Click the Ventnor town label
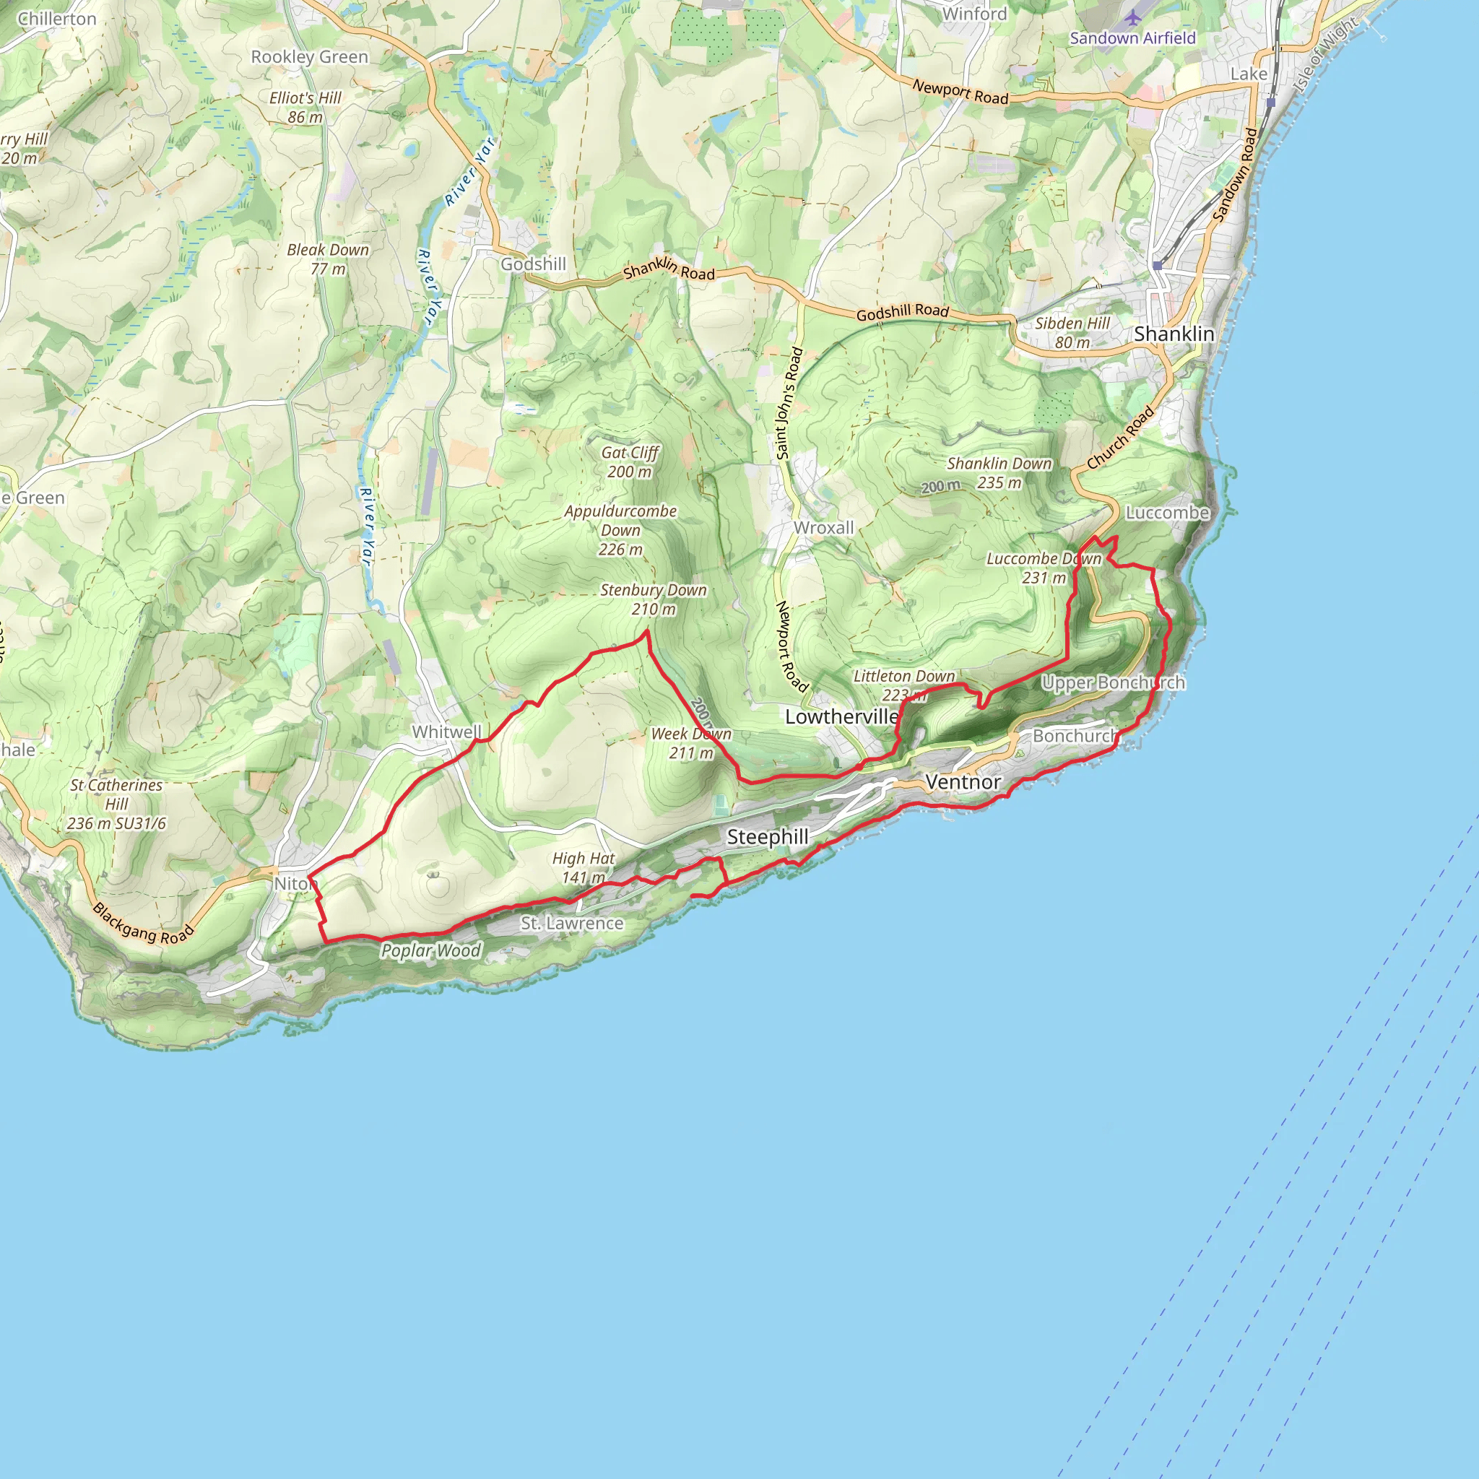[x=963, y=781]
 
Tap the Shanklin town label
[x=1174, y=334]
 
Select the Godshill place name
[x=533, y=264]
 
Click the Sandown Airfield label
[x=1132, y=38]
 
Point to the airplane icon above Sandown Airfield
[x=1133, y=17]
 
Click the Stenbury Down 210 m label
[x=653, y=599]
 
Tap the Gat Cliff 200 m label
[x=629, y=461]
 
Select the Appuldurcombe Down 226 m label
[x=620, y=530]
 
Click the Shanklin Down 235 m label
[x=999, y=473]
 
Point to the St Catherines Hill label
[x=116, y=804]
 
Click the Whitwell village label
[x=447, y=732]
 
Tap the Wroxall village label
[x=824, y=527]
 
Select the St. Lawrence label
[x=572, y=923]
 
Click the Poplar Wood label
[x=431, y=951]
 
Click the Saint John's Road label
[x=789, y=404]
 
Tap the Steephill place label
[x=767, y=837]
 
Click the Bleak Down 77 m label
[x=328, y=259]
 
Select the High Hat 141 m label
[x=584, y=868]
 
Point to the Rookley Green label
[x=309, y=58]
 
